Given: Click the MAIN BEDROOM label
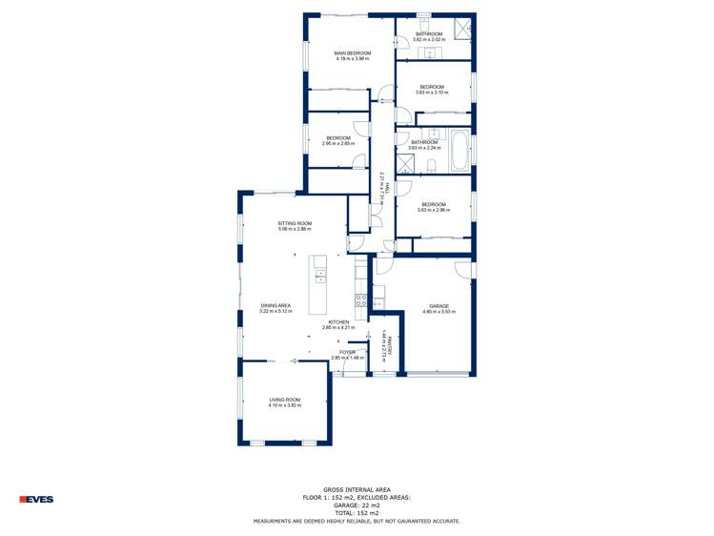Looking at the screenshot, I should (x=352, y=52).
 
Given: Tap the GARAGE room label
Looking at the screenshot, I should (x=438, y=306).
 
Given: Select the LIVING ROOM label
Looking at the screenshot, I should (x=284, y=400).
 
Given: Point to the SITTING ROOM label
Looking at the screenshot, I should (x=295, y=223).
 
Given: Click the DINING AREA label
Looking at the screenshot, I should (x=275, y=305).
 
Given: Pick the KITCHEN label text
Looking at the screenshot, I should (x=338, y=322).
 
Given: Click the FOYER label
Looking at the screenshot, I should (x=347, y=352).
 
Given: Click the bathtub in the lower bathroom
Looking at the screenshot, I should (x=459, y=151).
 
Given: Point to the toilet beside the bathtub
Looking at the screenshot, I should (x=432, y=167).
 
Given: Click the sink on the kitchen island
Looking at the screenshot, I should (x=320, y=277).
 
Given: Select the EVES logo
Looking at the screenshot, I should (x=36, y=499).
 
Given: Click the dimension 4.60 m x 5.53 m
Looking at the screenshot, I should (x=438, y=312).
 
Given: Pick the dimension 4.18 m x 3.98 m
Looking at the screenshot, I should (x=352, y=59).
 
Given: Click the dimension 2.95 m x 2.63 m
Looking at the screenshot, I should (x=337, y=144).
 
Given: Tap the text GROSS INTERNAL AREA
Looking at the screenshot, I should (x=357, y=490).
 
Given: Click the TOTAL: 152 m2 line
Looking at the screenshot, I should (x=357, y=513).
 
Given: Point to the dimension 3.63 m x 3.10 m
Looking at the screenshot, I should (x=432, y=93).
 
